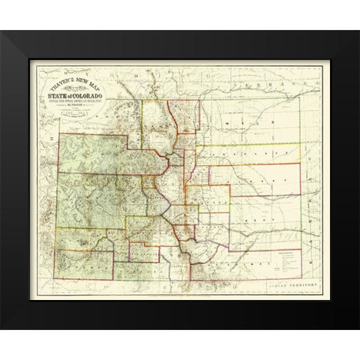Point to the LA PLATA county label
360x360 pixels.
click(x=75, y=259)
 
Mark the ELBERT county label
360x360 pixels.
click(x=240, y=181)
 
